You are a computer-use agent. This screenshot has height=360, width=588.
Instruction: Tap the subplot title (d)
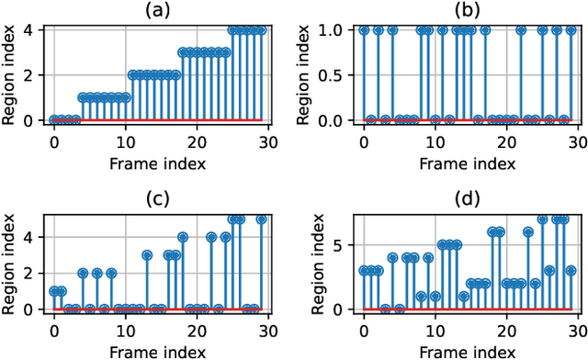click(467, 197)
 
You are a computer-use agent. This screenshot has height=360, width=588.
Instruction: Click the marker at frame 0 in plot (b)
click(364, 30)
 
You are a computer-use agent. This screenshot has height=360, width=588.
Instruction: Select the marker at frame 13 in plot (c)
click(147, 255)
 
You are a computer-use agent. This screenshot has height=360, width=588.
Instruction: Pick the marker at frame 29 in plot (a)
click(262, 30)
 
